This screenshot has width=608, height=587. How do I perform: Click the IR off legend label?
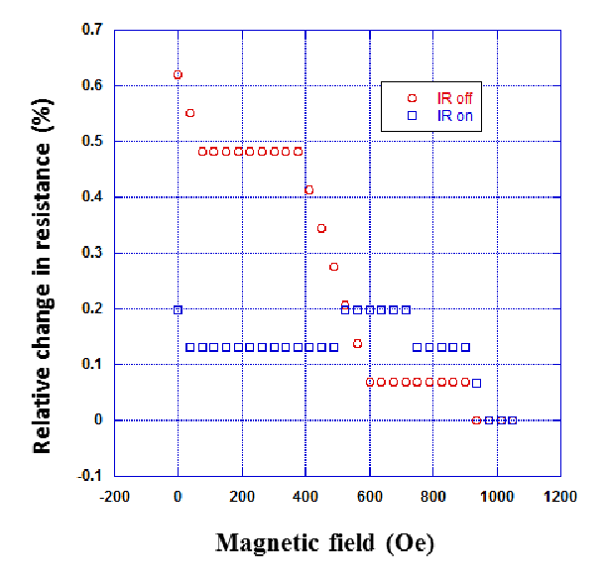pyautogui.click(x=454, y=98)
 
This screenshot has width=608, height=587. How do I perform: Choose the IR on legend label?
pyautogui.click(x=455, y=116)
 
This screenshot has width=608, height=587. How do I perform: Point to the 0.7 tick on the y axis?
pyautogui.click(x=92, y=29)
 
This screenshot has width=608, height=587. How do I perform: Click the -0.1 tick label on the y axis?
pyautogui.click(x=89, y=475)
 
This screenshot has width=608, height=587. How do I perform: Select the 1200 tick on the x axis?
pyautogui.click(x=560, y=497)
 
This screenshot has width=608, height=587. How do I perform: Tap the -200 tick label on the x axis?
pyautogui.click(x=114, y=497)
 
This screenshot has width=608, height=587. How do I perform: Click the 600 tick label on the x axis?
pyautogui.click(x=370, y=497)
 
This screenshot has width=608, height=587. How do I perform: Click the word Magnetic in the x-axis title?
pyautogui.click(x=268, y=543)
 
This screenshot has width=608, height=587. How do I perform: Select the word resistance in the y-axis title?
pyautogui.click(x=43, y=196)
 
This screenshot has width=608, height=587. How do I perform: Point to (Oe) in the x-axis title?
pyautogui.click(x=411, y=543)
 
